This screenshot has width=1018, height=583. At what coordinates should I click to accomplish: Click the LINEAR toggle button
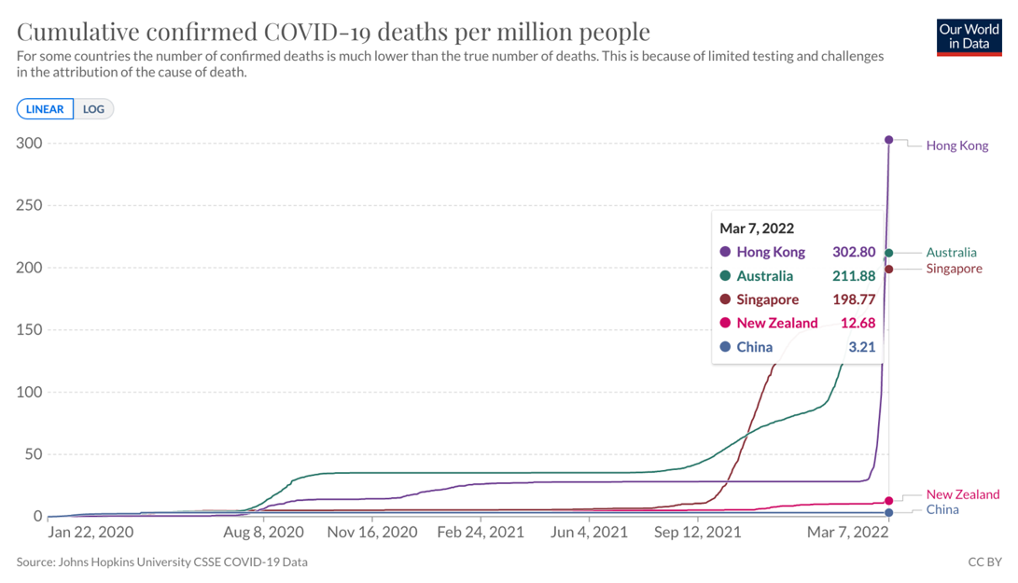coord(45,109)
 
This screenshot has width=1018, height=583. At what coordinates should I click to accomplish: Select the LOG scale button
coord(93,109)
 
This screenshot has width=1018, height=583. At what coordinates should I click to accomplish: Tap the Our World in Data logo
coord(969,35)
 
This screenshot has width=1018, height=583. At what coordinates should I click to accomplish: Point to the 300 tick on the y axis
coord(31,143)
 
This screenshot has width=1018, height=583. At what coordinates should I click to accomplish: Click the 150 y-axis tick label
coord(31,330)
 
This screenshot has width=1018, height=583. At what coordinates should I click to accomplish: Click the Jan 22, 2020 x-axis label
coord(91,533)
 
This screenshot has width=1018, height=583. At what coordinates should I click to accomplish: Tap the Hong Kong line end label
coord(956,146)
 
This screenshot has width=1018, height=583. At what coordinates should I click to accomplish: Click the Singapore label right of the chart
coord(954,269)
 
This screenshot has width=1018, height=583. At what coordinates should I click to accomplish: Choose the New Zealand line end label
coord(962,494)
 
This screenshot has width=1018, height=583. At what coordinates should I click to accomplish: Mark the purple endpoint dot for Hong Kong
coord(888,140)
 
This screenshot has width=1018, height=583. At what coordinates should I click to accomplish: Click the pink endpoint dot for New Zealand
coord(888,501)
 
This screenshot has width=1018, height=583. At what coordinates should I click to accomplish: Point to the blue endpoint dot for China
coord(888,513)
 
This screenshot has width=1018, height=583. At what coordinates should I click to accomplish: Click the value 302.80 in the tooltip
coord(854,252)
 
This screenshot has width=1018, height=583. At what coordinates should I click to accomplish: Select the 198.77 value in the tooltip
coord(854,299)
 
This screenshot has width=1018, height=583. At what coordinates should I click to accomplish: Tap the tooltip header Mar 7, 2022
coord(757,228)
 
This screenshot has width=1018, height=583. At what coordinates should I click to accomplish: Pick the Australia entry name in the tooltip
coord(764,276)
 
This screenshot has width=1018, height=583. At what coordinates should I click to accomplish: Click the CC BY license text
coord(985,562)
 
